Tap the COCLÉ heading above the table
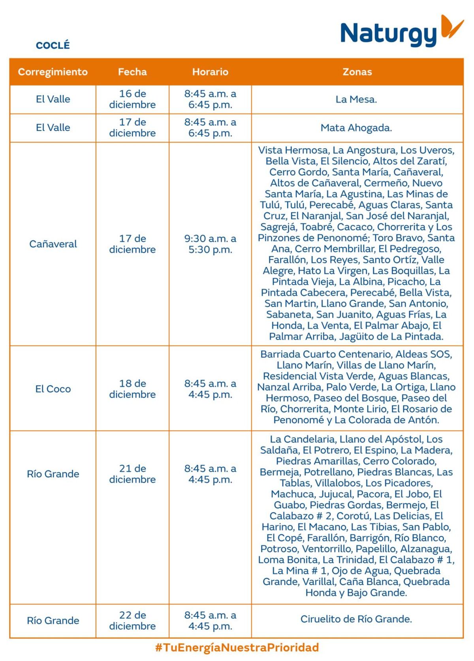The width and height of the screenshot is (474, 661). [53, 45]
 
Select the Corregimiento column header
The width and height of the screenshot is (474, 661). [53, 72]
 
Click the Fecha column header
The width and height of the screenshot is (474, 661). [132, 72]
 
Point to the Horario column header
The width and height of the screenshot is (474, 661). [210, 72]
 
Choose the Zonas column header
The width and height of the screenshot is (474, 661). [357, 72]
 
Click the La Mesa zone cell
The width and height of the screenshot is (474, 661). [356, 100]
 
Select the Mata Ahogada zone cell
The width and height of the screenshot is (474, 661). [356, 128]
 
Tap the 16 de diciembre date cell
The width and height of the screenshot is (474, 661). [132, 99]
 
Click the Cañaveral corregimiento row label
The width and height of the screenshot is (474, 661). [53, 244]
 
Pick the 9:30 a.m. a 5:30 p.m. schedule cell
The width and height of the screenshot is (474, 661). [210, 244]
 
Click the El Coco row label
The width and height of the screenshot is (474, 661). [53, 389]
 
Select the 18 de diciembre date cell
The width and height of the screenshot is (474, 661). [132, 389]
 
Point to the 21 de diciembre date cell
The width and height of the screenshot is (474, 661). [132, 474]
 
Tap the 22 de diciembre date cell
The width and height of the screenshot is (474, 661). [132, 620]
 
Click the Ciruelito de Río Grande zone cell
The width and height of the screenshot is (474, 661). [356, 619]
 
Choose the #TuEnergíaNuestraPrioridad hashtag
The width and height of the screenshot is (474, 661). [237, 648]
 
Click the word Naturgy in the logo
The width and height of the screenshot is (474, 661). [388, 34]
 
